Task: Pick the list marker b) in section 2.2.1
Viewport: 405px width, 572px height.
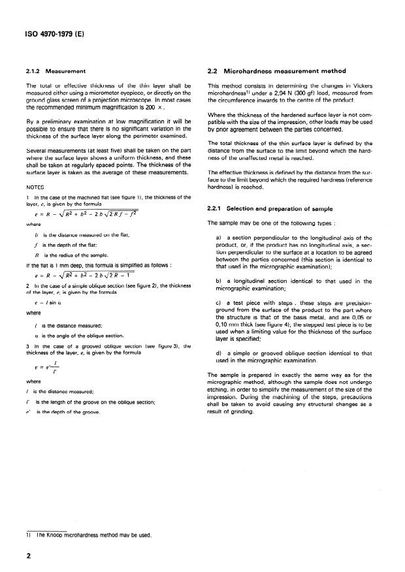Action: click(218, 281)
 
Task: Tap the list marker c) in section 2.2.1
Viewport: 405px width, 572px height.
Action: click(218, 303)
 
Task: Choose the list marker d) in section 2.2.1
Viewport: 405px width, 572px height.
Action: click(218, 353)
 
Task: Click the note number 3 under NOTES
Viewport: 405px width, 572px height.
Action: click(27, 345)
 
